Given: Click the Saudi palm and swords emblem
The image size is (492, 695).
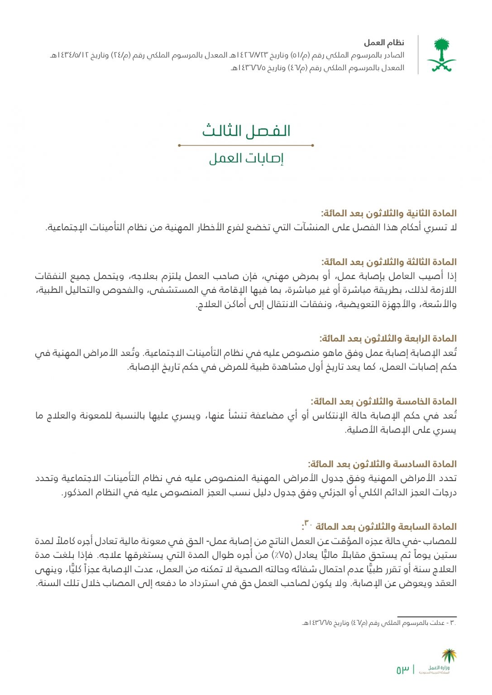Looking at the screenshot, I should [441, 55].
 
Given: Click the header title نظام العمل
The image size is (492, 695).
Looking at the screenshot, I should [384, 43].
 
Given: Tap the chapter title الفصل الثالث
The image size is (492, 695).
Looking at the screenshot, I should [246, 131].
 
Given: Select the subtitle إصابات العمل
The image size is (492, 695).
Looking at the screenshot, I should [246, 159].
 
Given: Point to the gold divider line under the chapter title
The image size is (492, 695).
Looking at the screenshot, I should [246, 145].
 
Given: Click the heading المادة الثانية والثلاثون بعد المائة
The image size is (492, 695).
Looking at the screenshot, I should [389, 213].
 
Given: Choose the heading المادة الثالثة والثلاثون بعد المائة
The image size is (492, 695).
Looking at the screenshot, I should [389, 262].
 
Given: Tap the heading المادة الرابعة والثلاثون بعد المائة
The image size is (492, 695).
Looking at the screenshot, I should [388, 338].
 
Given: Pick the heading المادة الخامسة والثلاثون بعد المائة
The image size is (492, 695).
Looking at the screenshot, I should [383, 401].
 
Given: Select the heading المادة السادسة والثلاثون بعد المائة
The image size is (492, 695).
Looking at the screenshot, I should [382, 464].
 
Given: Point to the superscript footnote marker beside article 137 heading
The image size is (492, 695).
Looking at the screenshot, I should [308, 523].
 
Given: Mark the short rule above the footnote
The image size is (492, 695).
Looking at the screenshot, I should [427, 616].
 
